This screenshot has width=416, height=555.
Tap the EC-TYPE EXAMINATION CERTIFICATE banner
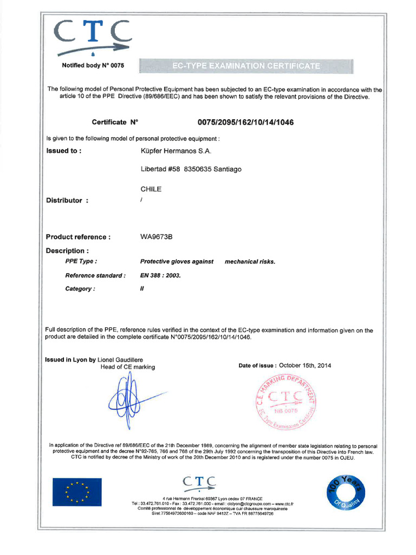pyautogui.click(x=246, y=66)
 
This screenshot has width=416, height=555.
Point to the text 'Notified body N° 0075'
pyautogui.click(x=93, y=66)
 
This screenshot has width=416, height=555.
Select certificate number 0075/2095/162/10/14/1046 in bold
pyautogui.click(x=242, y=122)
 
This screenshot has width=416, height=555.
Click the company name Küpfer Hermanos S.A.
pyautogui.click(x=172, y=151)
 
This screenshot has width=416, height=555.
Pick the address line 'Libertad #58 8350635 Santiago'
pyautogui.click(x=191, y=170)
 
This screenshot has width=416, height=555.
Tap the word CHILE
pyautogui.click(x=151, y=190)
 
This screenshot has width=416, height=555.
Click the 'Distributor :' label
pyautogui.click(x=67, y=201)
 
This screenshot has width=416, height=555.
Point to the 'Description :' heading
pyautogui.click(x=67, y=251)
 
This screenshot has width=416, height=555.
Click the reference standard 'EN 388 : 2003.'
pyautogui.click(x=160, y=275)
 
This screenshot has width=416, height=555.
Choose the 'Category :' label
pyautogui.click(x=80, y=289)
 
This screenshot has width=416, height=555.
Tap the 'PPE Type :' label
pyautogui.click(x=81, y=262)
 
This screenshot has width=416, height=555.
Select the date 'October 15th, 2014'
pyautogui.click(x=304, y=365)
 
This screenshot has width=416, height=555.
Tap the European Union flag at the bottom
pyautogui.click(x=77, y=492)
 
